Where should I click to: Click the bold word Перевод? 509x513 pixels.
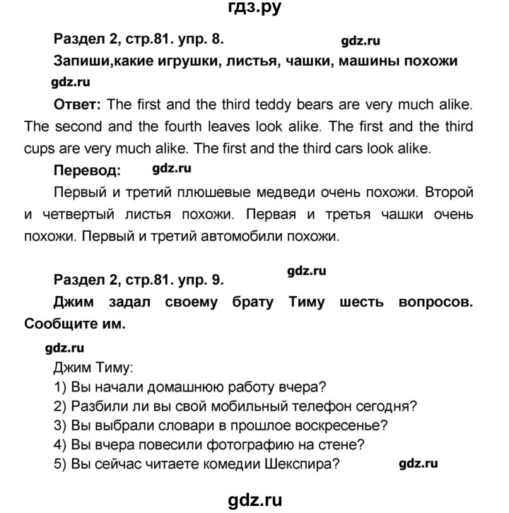pos(87,170)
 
